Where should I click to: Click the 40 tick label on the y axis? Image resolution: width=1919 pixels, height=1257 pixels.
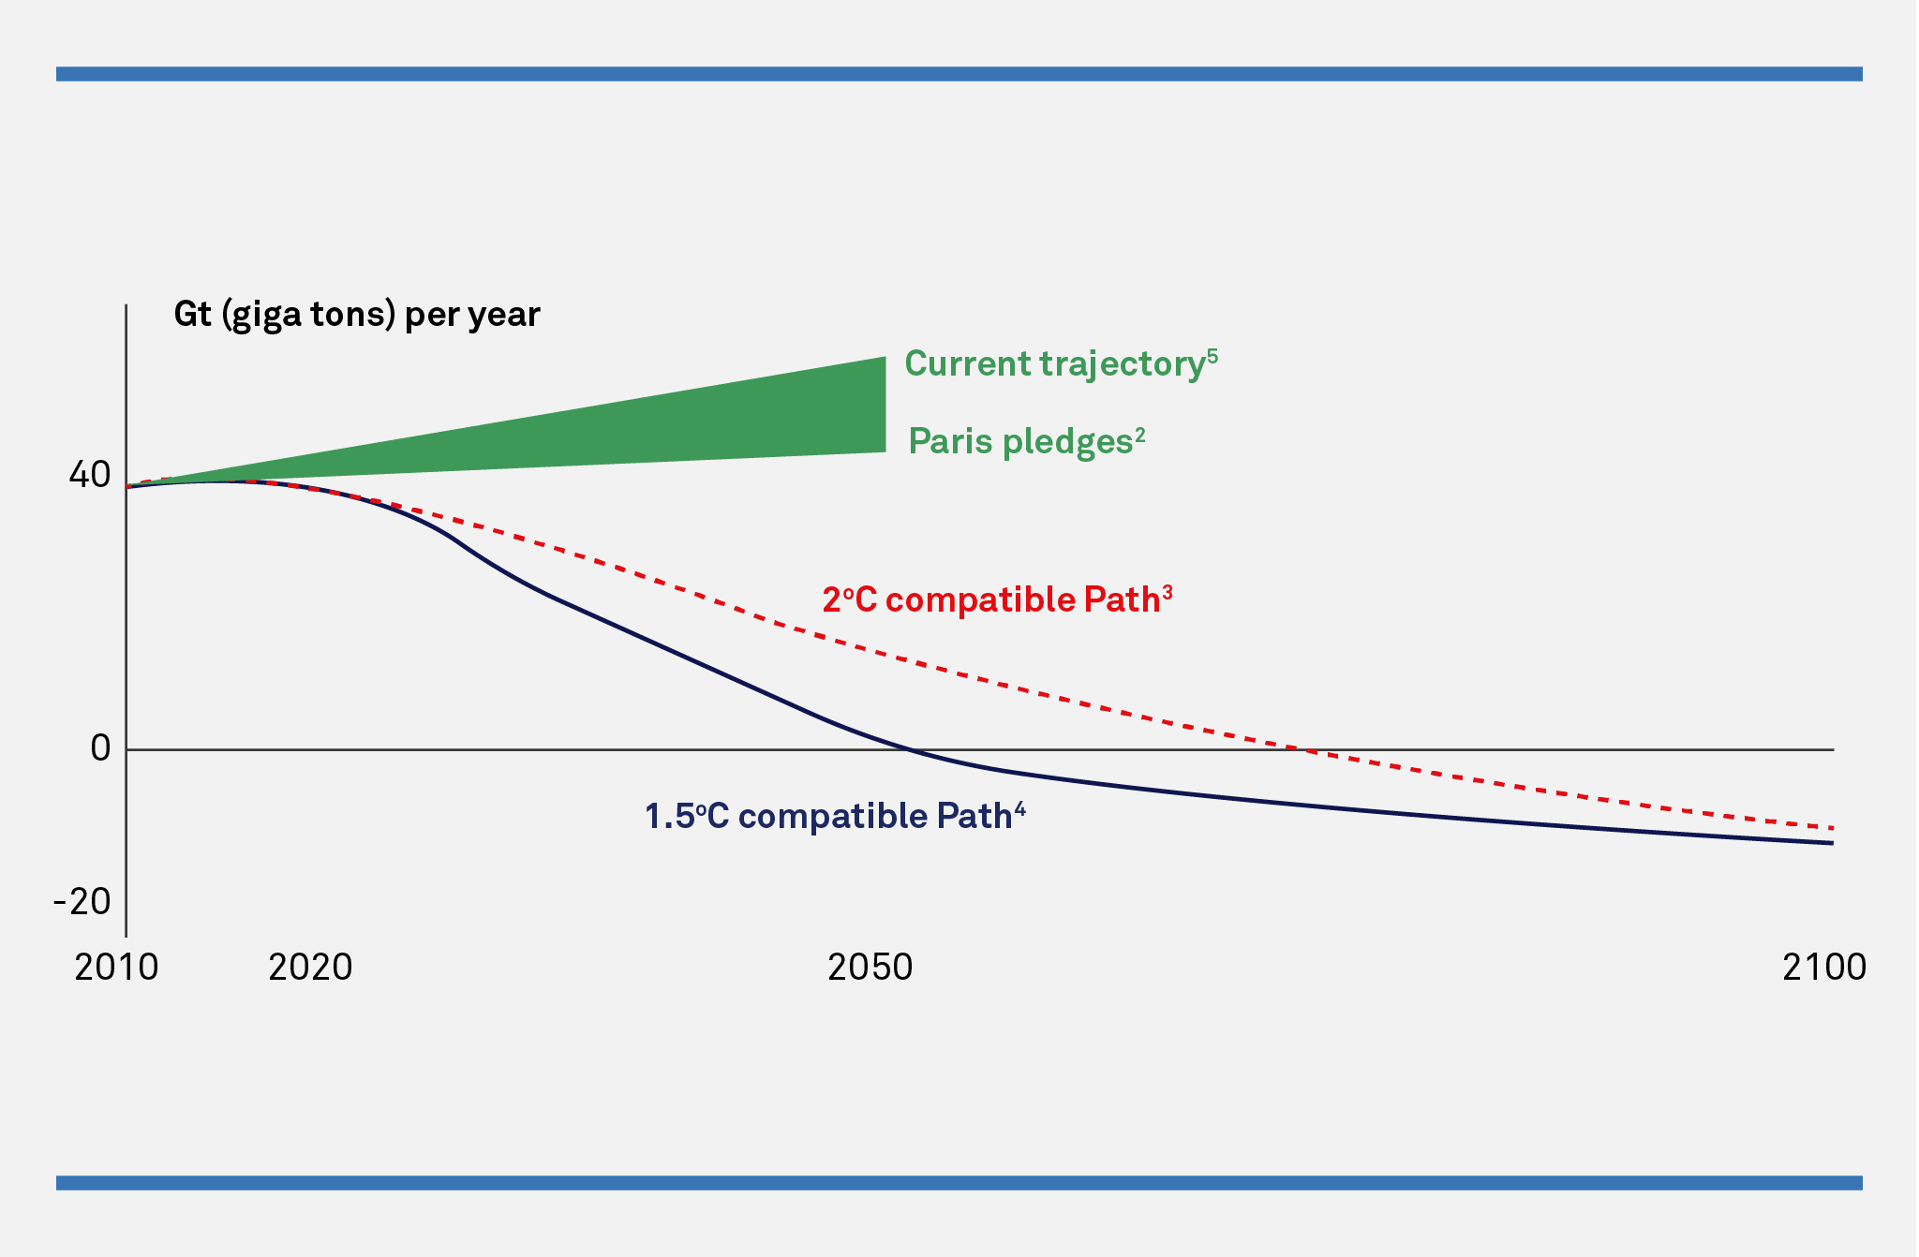click(90, 476)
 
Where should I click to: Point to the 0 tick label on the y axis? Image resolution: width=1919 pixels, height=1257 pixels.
click(100, 748)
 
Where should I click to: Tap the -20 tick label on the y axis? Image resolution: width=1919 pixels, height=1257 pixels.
click(82, 901)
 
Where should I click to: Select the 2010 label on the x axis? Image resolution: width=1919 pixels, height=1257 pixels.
click(116, 968)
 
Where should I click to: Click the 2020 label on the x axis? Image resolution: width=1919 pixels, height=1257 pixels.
click(310, 968)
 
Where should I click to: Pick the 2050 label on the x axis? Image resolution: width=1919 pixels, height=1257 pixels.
click(870, 968)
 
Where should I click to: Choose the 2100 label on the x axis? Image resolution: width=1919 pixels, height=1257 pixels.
click(1823, 968)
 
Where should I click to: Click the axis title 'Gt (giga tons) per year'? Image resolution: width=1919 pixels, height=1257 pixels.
click(357, 315)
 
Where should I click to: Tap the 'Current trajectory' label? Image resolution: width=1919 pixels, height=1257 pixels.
click(1054, 364)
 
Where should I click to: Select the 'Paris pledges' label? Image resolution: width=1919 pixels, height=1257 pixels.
click(1020, 441)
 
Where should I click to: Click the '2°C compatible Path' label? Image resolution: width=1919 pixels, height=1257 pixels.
click(991, 600)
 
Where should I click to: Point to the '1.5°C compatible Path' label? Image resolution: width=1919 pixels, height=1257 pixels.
click(828, 817)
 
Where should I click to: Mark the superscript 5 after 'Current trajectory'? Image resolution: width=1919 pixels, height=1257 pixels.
click(1212, 355)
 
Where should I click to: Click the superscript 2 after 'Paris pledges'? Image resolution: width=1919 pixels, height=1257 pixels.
click(1140, 434)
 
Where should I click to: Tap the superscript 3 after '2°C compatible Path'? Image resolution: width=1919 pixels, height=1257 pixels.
click(1168, 592)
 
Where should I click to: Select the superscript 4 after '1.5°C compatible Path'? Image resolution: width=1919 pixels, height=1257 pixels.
click(1019, 808)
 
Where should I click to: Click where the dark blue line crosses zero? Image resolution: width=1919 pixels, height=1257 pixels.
click(910, 749)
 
